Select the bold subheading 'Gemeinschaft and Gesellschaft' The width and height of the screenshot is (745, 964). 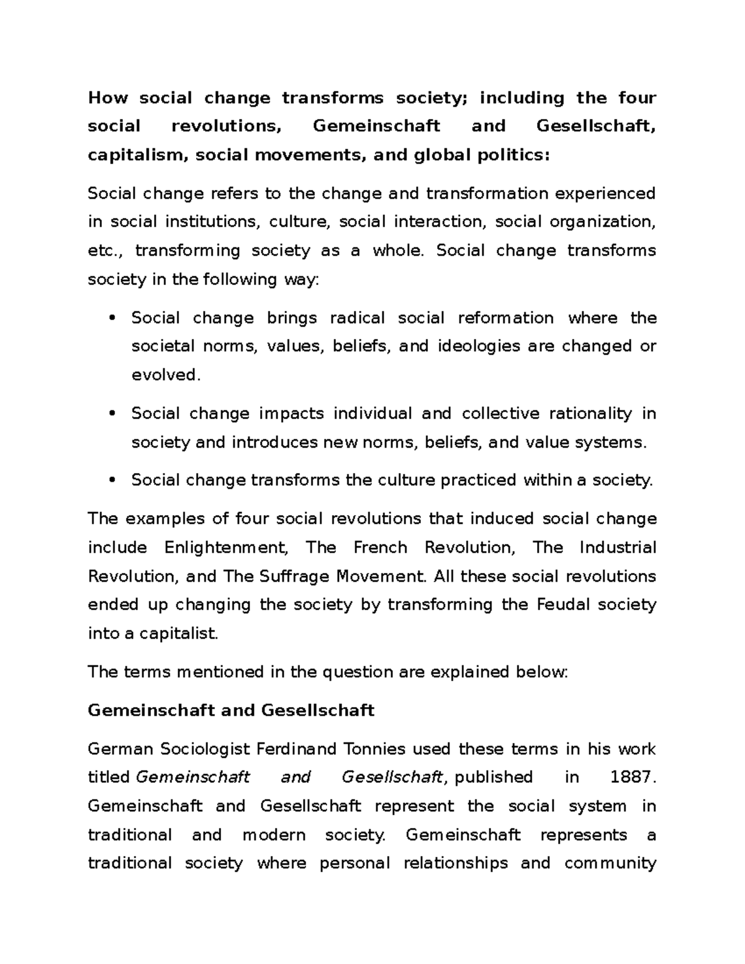pyautogui.click(x=231, y=710)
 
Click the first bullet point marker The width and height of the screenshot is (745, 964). pyautogui.click(x=112, y=318)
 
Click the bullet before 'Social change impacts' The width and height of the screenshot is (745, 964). pyautogui.click(x=112, y=414)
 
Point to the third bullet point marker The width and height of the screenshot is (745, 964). pyautogui.click(x=112, y=480)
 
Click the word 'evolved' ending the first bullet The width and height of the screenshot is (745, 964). pyautogui.click(x=165, y=376)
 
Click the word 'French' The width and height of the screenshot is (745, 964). pyautogui.click(x=381, y=547)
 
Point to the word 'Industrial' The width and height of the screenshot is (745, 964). pyautogui.click(x=618, y=547)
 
